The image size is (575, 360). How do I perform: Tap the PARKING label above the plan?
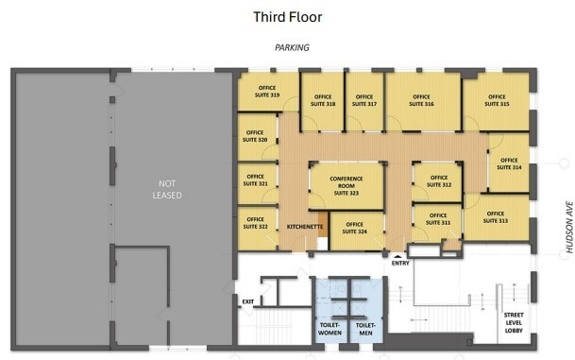point(292,46)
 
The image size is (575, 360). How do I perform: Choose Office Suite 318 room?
point(323,100)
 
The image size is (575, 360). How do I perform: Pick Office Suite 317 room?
point(364,100)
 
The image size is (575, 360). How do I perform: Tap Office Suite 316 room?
point(421,100)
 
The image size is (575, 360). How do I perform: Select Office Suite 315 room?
point(497,100)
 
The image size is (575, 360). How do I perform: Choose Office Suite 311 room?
point(438,220)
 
